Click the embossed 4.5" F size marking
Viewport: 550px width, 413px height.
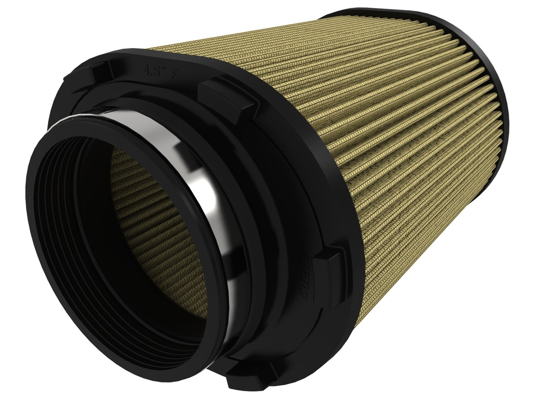[x=157, y=70]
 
